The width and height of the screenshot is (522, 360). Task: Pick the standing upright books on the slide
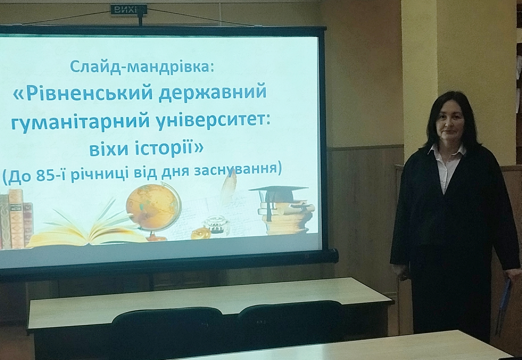(x=16, y=218)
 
